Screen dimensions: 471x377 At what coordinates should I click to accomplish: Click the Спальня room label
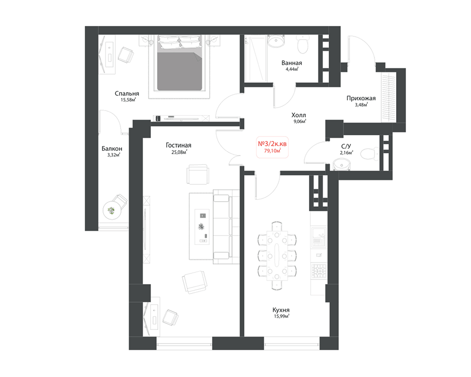coord(127,93)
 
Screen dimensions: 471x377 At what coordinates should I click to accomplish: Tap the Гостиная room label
coord(179,145)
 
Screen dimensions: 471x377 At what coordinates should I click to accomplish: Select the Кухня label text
coord(281,310)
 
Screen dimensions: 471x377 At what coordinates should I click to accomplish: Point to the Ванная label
coord(292,63)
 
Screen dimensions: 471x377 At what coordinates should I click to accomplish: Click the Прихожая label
coord(361,98)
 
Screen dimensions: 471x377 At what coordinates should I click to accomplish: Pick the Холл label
coord(299,115)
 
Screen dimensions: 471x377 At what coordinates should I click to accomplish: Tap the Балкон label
coord(112,148)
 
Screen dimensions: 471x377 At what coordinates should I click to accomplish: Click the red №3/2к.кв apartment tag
coord(272,144)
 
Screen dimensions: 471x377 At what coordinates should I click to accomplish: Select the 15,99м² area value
coord(282,316)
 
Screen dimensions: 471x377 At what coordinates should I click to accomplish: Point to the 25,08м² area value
coord(179,152)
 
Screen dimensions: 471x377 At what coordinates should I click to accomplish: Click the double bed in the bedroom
coord(179,63)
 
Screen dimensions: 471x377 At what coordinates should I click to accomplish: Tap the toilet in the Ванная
coord(303,44)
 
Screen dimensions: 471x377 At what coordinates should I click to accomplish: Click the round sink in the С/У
coord(341,165)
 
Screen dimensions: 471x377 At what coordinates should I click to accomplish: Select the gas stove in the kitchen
coord(318,270)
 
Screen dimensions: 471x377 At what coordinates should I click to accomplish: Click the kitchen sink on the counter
coord(318,237)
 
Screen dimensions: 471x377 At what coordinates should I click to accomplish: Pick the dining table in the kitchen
coord(277,255)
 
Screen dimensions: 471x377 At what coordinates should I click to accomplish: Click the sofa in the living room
coord(226,227)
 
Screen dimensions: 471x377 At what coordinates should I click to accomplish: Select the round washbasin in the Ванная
coord(276,41)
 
